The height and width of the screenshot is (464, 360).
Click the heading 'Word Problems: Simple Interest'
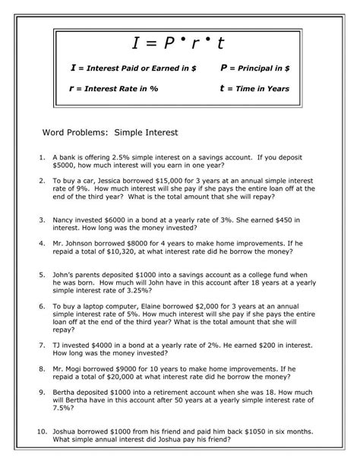pos(110,132)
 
